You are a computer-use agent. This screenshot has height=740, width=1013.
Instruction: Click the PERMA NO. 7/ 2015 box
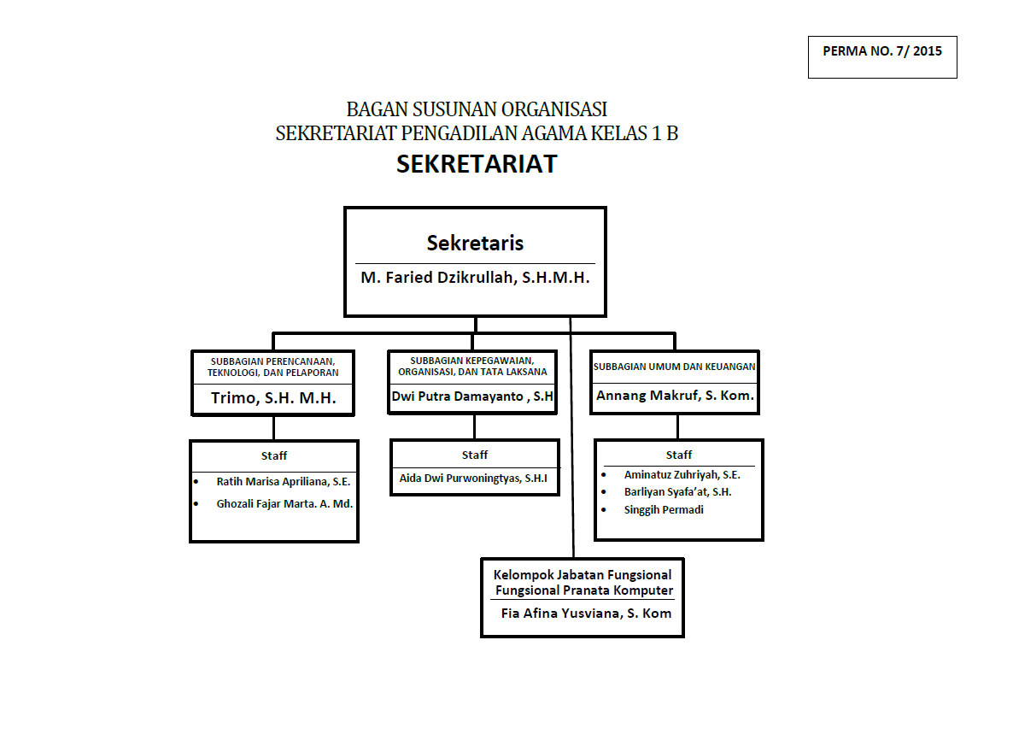click(x=882, y=56)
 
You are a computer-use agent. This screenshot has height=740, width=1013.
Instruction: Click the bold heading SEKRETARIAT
click(x=477, y=164)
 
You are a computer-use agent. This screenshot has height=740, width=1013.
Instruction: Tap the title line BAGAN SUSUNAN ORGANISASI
click(x=477, y=110)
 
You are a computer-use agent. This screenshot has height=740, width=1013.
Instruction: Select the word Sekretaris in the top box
click(x=475, y=243)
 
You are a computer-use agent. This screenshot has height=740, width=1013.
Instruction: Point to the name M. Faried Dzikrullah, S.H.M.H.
click(x=475, y=278)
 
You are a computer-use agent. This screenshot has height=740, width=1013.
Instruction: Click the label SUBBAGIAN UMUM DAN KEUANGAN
click(x=675, y=367)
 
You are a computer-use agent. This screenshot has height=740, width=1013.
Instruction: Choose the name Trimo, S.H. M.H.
click(x=273, y=397)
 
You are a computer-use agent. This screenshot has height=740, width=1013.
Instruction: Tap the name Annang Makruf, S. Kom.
click(x=675, y=396)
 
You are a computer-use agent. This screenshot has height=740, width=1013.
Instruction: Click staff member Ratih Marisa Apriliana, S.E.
click(x=284, y=482)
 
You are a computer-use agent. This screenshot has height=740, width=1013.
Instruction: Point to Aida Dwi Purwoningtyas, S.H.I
click(x=473, y=479)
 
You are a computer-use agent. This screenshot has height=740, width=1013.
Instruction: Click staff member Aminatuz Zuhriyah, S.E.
click(x=682, y=475)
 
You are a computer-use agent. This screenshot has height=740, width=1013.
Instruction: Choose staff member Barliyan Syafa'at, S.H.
click(x=677, y=492)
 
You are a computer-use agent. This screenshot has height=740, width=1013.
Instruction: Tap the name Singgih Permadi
click(x=664, y=510)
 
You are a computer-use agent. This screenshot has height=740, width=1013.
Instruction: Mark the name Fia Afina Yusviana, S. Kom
click(x=586, y=614)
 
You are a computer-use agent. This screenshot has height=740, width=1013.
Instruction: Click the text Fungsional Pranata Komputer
click(x=583, y=590)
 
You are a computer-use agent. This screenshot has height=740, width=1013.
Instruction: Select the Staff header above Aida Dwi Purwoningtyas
click(x=475, y=455)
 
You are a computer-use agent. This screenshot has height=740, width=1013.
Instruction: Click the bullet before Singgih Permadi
click(x=604, y=510)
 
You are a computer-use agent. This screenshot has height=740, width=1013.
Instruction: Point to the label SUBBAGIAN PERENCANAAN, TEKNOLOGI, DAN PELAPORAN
click(x=273, y=367)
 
